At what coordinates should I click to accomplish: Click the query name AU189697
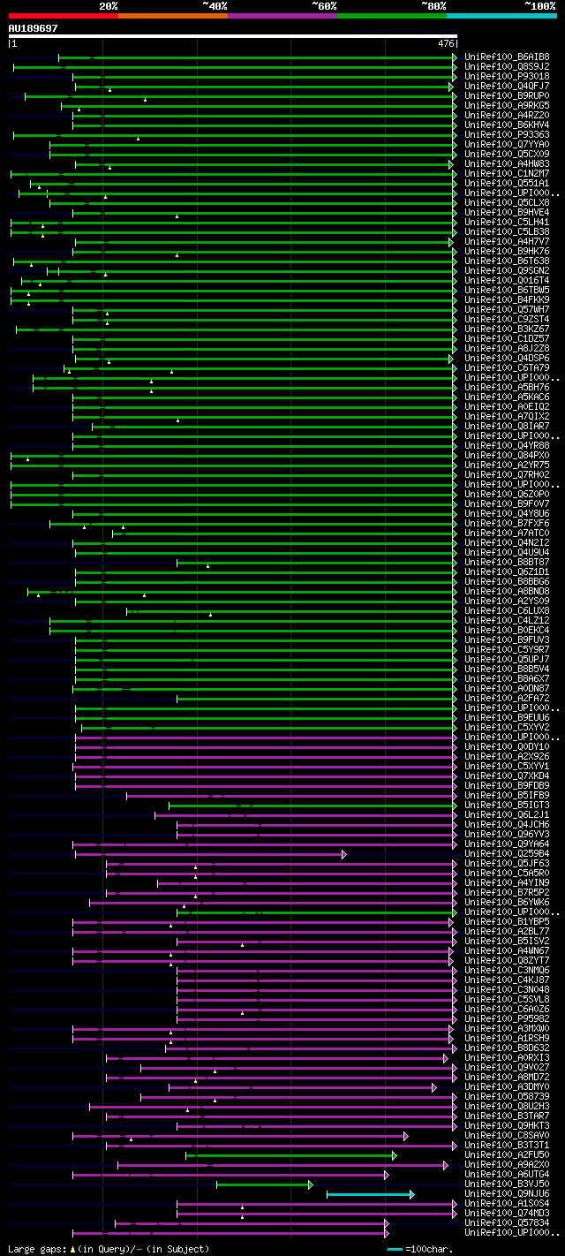(x=34, y=28)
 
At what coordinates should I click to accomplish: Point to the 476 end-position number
(x=446, y=43)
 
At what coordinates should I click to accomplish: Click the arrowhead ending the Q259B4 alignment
(x=343, y=854)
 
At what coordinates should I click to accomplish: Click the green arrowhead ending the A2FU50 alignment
(x=395, y=1155)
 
